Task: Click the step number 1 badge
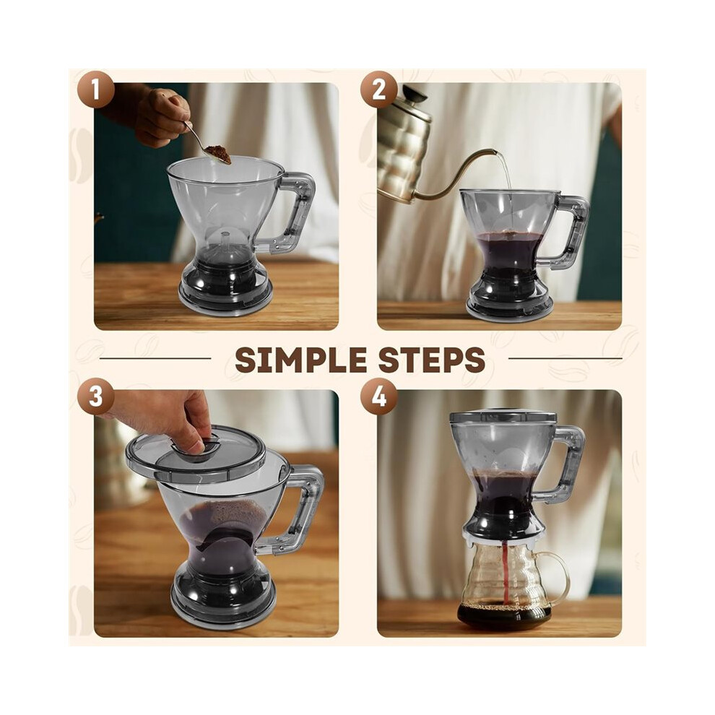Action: (x=95, y=90)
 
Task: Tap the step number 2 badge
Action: (x=379, y=90)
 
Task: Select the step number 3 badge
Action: (x=95, y=396)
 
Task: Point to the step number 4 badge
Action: (x=379, y=396)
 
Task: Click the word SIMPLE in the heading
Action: (x=301, y=360)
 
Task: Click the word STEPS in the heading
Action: (x=431, y=360)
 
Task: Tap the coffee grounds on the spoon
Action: (x=218, y=154)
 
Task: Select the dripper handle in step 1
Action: (x=296, y=212)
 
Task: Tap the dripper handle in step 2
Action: (x=571, y=231)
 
